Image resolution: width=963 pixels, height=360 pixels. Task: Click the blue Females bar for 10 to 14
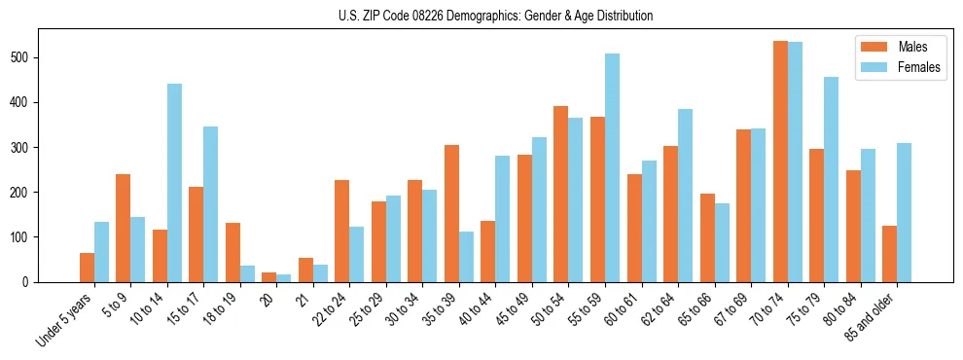174,183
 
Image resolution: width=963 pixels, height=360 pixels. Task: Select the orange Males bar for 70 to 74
780,162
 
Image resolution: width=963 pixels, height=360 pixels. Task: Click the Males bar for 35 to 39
451,213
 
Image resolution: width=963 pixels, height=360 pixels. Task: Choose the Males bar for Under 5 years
87,268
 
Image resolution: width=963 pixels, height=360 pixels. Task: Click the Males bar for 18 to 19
232,252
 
